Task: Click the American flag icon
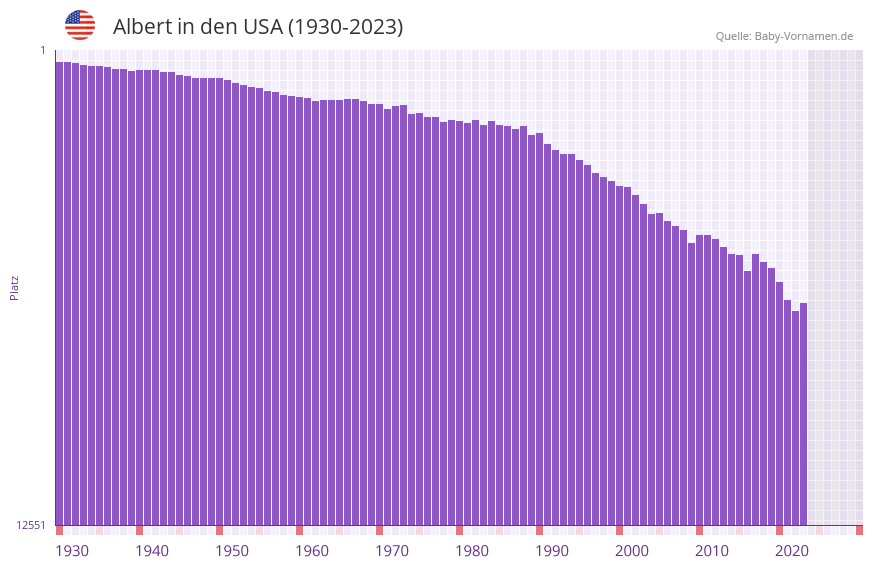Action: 80,25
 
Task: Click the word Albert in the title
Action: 142,27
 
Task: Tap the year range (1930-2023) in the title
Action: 345,27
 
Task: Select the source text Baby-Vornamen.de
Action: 803,36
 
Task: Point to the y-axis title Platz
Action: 14,287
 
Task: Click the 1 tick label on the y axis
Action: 42,50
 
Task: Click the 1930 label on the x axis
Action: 72,551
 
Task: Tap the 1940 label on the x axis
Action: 152,551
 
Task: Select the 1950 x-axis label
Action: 232,551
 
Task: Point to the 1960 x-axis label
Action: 312,551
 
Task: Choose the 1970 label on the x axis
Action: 392,551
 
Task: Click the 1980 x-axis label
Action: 472,551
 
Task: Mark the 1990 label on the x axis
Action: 552,551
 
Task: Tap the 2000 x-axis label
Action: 632,551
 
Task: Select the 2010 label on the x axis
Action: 712,551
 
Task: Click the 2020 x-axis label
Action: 792,551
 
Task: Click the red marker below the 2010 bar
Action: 699,530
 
